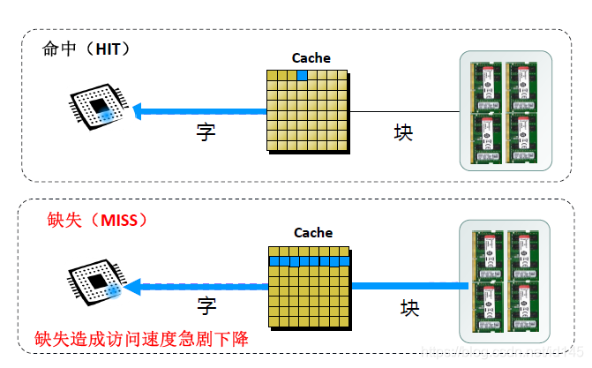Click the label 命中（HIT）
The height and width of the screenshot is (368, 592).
tap(86, 49)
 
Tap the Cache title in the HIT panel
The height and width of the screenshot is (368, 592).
tap(311, 58)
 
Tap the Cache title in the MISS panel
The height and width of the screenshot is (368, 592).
tap(313, 233)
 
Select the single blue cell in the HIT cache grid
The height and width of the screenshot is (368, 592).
tap(302, 75)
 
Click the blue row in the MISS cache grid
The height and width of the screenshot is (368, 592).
tap(311, 261)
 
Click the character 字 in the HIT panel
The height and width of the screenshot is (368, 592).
tap(206, 131)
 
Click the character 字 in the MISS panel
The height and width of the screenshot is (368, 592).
tap(206, 306)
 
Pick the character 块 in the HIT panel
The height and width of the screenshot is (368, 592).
tap(403, 131)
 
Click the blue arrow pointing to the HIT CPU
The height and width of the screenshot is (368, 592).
tap(199, 111)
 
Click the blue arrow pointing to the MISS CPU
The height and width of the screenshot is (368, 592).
tap(199, 285)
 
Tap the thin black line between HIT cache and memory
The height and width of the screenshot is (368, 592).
tap(406, 111)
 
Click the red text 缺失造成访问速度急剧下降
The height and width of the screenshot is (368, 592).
tap(141, 340)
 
